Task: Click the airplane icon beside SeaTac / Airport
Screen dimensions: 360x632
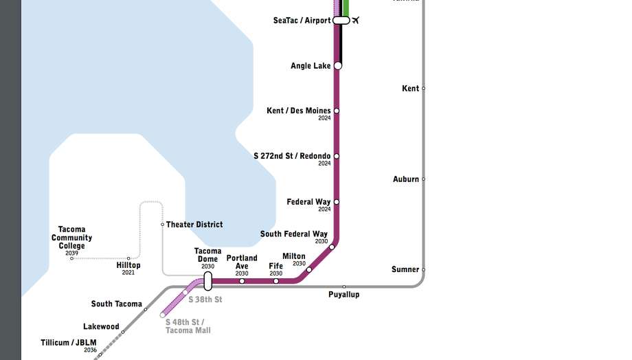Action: tap(356, 20)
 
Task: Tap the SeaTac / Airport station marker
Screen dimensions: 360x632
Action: tap(341, 21)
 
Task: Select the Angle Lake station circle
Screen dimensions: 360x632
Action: tap(337, 66)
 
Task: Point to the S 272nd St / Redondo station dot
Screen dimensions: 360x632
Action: tap(337, 156)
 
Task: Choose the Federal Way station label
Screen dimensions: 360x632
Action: tap(308, 202)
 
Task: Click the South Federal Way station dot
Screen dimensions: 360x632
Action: tap(332, 247)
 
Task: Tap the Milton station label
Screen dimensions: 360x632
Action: tap(294, 256)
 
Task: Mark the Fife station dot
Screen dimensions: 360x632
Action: tap(276, 281)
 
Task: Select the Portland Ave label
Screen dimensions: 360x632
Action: tap(242, 262)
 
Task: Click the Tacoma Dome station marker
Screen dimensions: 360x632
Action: tap(208, 280)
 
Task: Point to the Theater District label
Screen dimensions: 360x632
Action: tap(194, 225)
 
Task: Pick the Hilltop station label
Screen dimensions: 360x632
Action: tap(128, 265)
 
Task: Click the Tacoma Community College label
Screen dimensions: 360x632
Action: tap(71, 238)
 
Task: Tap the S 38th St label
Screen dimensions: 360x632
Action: tap(205, 300)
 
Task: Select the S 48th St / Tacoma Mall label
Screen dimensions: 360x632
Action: tap(188, 326)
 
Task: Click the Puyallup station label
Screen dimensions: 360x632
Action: tap(343, 295)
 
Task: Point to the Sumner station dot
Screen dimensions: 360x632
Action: tap(423, 269)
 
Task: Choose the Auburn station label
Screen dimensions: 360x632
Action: tap(405, 179)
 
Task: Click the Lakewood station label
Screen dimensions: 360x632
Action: tap(101, 327)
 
